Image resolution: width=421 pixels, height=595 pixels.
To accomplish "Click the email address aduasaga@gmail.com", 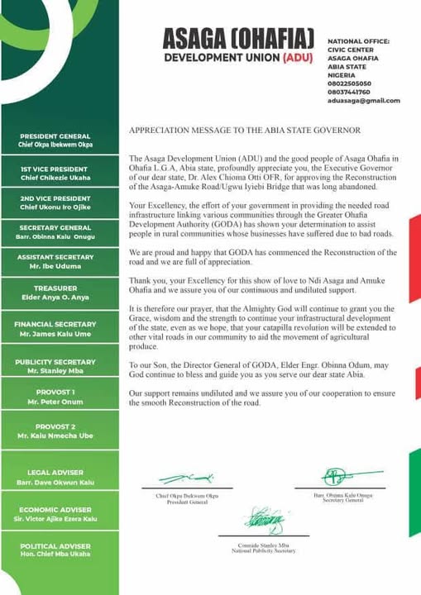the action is click(x=363, y=101).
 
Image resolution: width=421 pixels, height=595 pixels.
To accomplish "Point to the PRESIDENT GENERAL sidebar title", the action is click(x=55, y=136).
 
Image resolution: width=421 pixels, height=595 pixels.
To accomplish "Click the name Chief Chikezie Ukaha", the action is click(x=55, y=178).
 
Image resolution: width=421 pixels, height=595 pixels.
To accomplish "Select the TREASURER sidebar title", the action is click(x=55, y=289).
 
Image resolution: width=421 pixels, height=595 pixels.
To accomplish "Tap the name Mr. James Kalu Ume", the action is click(x=55, y=334).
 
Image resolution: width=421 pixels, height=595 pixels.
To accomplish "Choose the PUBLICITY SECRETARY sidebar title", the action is click(x=55, y=362).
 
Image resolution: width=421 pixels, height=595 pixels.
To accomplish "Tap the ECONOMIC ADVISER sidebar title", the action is click(x=55, y=510).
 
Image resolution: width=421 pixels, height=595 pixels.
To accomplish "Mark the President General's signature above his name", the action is click(x=186, y=478).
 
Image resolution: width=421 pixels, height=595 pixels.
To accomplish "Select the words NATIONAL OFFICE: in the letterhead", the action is click(x=358, y=40).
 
